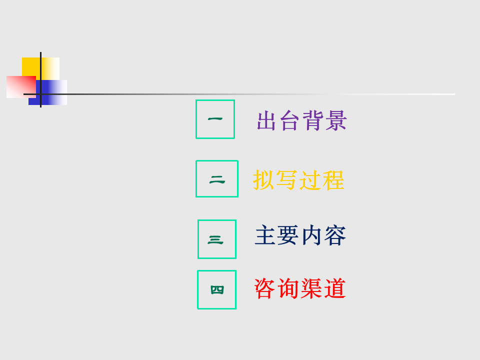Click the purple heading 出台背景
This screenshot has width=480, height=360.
(301, 120)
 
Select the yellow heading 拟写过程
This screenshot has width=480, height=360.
(299, 180)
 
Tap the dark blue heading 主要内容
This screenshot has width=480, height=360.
(300, 235)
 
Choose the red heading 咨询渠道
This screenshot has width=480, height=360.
(300, 288)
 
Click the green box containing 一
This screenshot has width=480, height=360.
(196, 119)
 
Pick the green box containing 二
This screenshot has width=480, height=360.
(196, 179)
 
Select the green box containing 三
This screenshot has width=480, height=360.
(198, 239)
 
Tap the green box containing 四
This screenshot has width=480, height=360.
(198, 289)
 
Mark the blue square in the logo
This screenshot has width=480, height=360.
(52, 92)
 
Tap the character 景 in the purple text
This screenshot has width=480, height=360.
(336, 120)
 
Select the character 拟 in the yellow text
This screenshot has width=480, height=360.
(263, 180)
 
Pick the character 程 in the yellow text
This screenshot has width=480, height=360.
(334, 180)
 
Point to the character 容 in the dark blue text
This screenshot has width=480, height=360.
(335, 235)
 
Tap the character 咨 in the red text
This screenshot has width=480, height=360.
(265, 288)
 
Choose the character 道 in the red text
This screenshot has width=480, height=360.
(335, 288)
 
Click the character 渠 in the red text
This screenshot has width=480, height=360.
(311, 288)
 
